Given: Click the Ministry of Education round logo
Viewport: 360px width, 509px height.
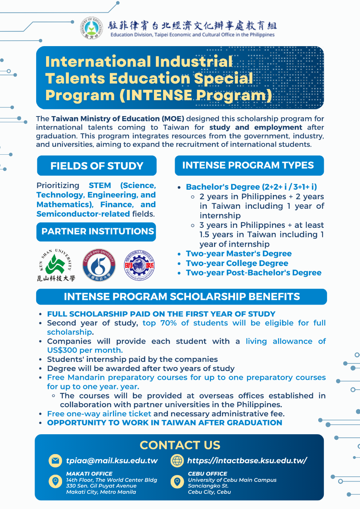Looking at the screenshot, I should [93, 28].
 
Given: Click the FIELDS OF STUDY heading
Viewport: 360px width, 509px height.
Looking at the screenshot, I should [97, 166].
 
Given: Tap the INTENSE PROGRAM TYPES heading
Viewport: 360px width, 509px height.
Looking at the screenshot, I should [248, 165].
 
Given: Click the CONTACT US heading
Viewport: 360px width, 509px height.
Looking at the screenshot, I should [180, 445].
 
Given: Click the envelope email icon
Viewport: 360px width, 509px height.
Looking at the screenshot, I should [55, 460].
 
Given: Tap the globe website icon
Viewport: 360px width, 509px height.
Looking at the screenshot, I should [177, 460].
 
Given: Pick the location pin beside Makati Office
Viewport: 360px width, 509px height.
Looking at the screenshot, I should [55, 482].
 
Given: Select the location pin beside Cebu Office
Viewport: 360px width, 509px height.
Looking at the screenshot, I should [177, 482].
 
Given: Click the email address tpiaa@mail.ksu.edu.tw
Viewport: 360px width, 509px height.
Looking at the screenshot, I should [112, 461].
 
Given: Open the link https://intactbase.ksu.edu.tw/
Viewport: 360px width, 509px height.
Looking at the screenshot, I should [247, 461].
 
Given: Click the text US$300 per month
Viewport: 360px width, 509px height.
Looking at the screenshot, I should [85, 350].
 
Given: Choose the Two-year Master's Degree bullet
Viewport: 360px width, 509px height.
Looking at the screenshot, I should [239, 254].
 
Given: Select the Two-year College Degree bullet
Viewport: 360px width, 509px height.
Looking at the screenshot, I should [237, 263].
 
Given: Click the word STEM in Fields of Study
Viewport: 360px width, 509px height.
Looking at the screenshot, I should [100, 186].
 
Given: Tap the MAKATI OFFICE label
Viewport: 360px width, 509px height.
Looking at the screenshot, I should [89, 474].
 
